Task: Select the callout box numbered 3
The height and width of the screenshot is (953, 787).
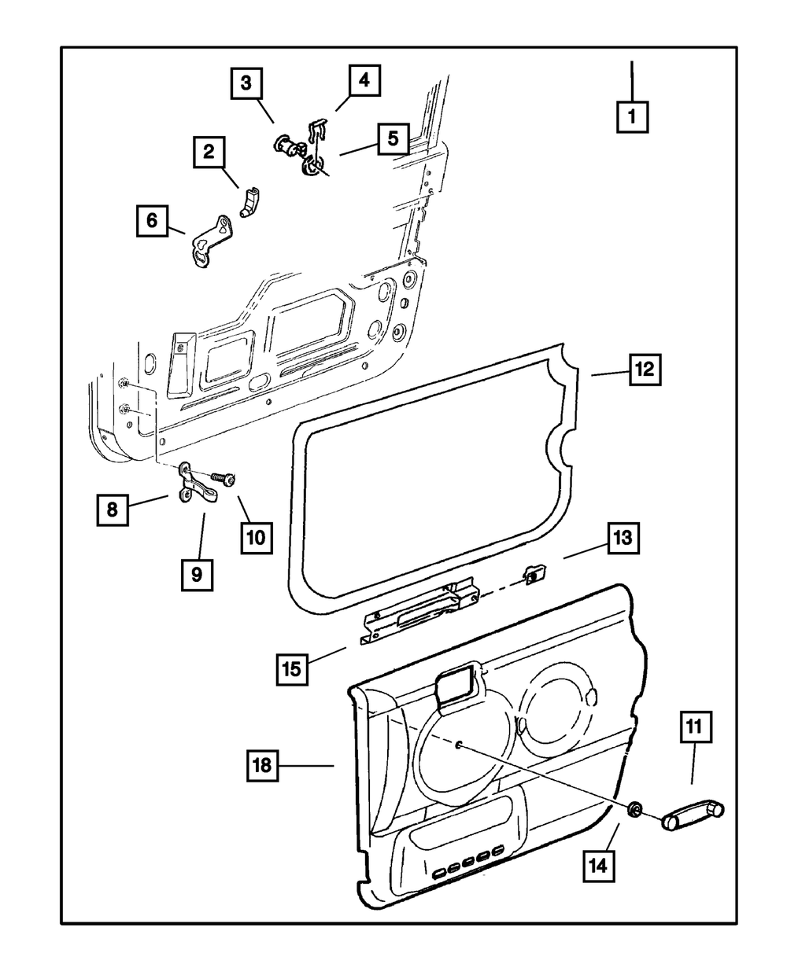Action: [x=246, y=83]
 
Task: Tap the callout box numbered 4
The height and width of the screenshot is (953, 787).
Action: [x=363, y=80]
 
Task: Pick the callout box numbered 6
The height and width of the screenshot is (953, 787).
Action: [x=152, y=221]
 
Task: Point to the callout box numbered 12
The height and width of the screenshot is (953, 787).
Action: [x=645, y=369]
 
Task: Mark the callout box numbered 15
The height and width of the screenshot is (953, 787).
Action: [x=292, y=668]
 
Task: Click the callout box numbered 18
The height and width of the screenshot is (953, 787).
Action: [x=264, y=764]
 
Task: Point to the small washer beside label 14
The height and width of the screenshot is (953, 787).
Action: [x=634, y=809]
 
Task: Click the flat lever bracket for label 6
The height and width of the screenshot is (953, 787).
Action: [x=211, y=241]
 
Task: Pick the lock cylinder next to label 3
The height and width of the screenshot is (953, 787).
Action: [x=286, y=146]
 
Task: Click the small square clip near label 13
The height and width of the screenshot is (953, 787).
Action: [x=533, y=575]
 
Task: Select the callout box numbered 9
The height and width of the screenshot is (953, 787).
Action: [x=196, y=575]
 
